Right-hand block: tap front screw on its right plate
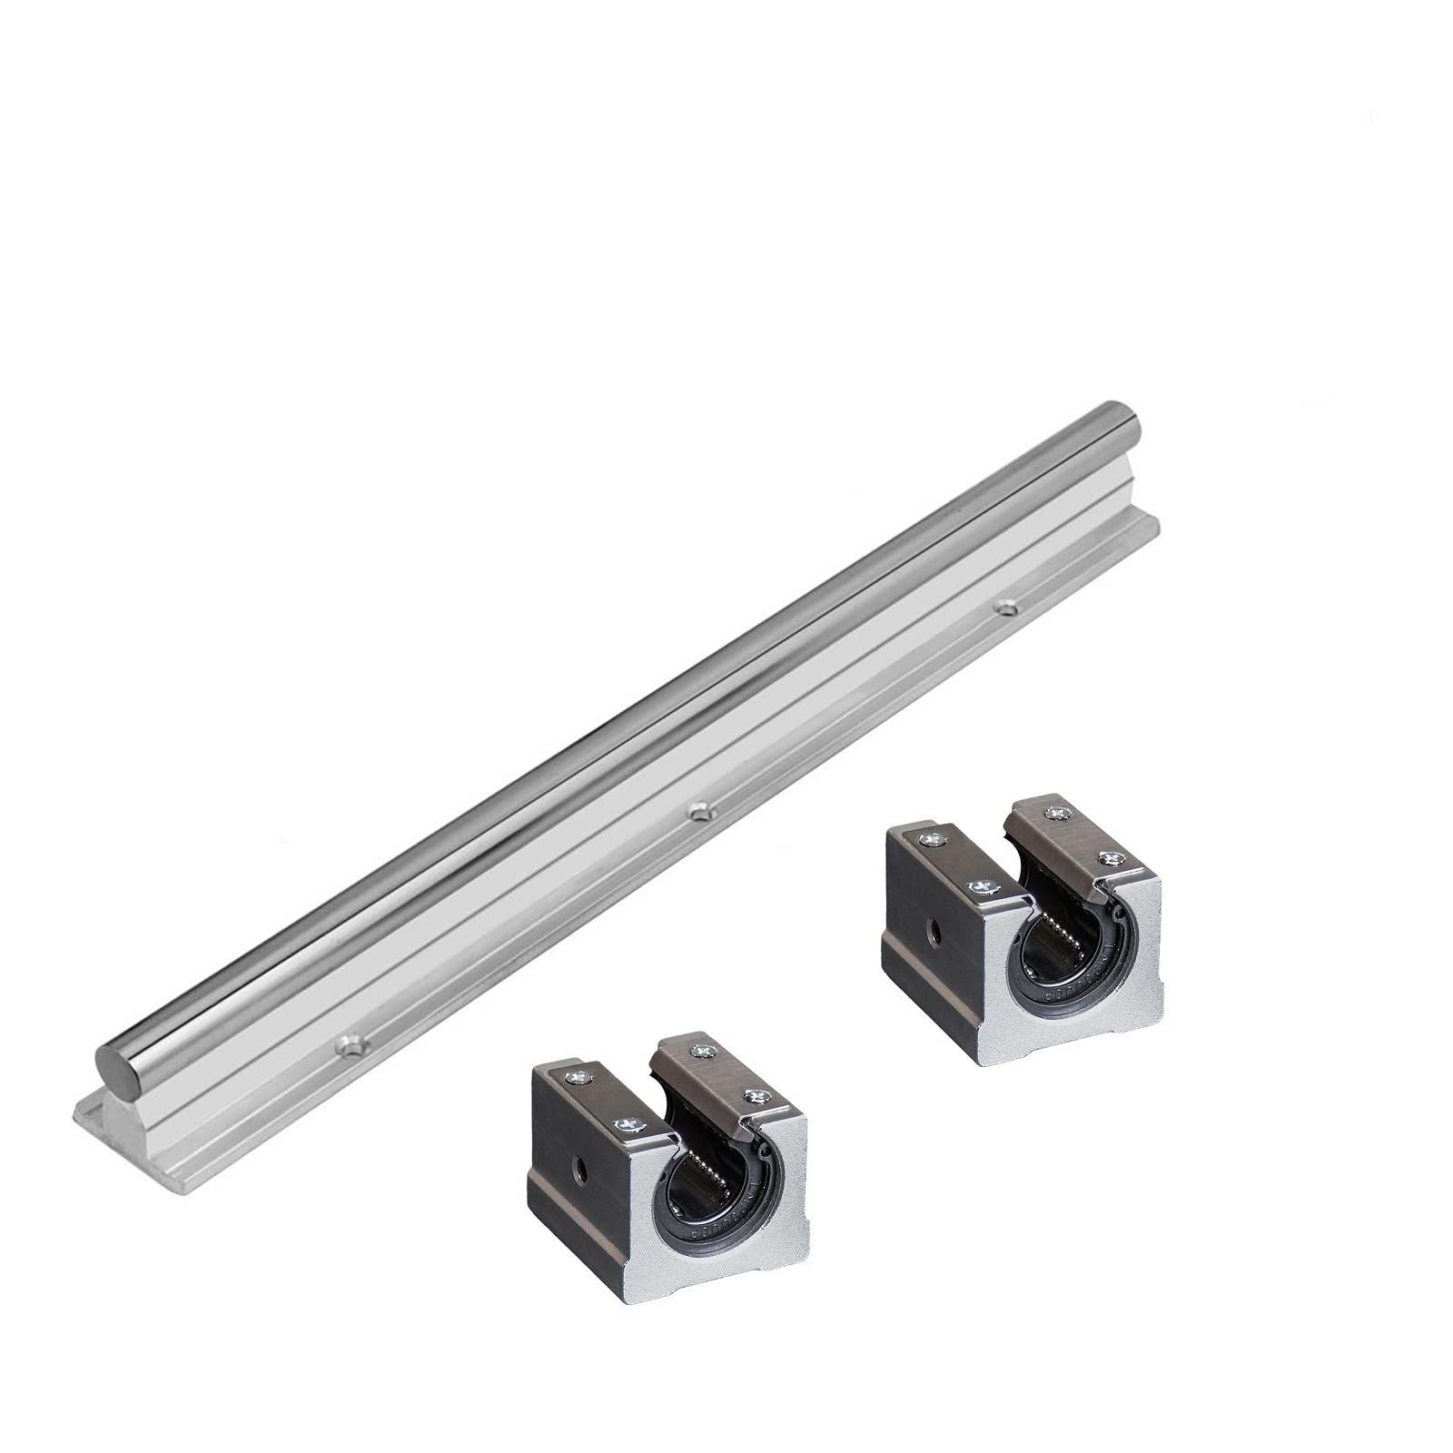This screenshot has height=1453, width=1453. (x=1108, y=857)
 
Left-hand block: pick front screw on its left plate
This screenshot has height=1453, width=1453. (x=626, y=1126)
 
